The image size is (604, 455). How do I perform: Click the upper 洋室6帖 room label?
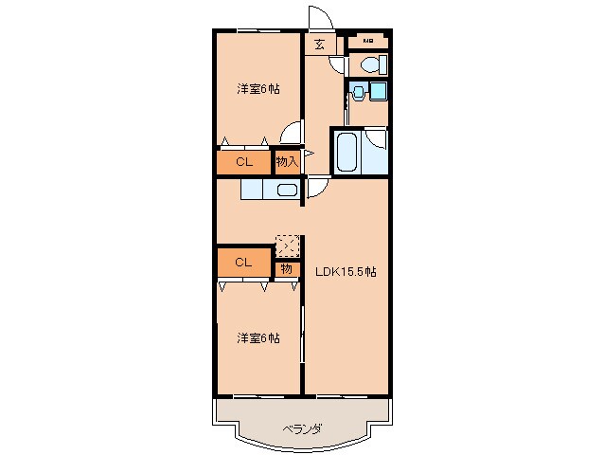258,90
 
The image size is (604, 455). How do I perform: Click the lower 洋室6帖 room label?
258,337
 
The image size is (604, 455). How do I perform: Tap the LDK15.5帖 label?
346,271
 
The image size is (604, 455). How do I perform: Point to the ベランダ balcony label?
302,428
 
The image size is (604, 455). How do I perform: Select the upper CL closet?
243,162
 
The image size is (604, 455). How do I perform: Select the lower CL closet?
243,262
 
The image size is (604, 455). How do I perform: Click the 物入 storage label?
287,162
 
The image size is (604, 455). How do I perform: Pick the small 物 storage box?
286,269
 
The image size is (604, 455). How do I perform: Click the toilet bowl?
370,65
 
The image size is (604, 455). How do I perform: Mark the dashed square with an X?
287,245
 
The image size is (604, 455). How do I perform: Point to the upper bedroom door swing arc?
293,134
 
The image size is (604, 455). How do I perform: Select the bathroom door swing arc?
376,138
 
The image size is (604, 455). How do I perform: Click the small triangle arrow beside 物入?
308,152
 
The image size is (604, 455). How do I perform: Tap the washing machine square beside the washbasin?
378,91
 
